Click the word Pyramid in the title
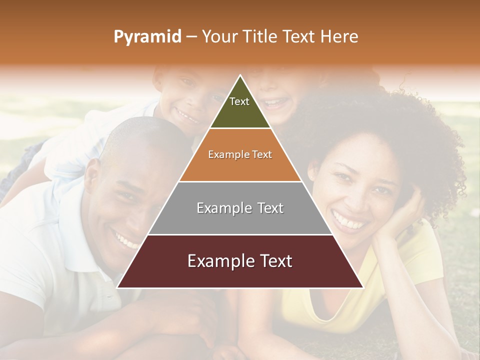click(147, 37)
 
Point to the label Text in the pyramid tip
click(239, 101)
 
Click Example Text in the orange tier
click(240, 154)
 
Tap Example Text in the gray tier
click(240, 208)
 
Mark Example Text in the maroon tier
click(240, 261)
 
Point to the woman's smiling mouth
click(349, 220)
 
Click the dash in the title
click(191, 37)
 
